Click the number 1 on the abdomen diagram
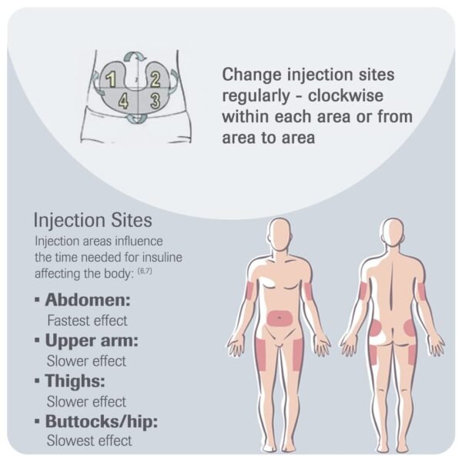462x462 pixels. (x=111, y=79)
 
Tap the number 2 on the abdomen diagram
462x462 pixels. (x=156, y=79)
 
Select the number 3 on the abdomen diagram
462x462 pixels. (x=156, y=100)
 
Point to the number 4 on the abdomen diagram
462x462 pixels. (x=123, y=101)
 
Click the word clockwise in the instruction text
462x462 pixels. (x=346, y=95)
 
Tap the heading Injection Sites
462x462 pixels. (x=93, y=220)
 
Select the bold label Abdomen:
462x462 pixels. (x=88, y=300)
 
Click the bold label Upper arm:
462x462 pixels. (x=92, y=340)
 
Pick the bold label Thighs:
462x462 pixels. (x=75, y=380)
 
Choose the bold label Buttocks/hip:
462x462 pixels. (x=102, y=421)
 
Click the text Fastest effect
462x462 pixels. (x=87, y=320)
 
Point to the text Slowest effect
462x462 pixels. (x=89, y=440)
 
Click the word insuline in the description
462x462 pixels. (x=162, y=257)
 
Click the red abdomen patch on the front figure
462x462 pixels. (x=280, y=317)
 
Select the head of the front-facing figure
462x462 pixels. (x=280, y=233)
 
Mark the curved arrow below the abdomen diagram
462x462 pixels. (x=136, y=118)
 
